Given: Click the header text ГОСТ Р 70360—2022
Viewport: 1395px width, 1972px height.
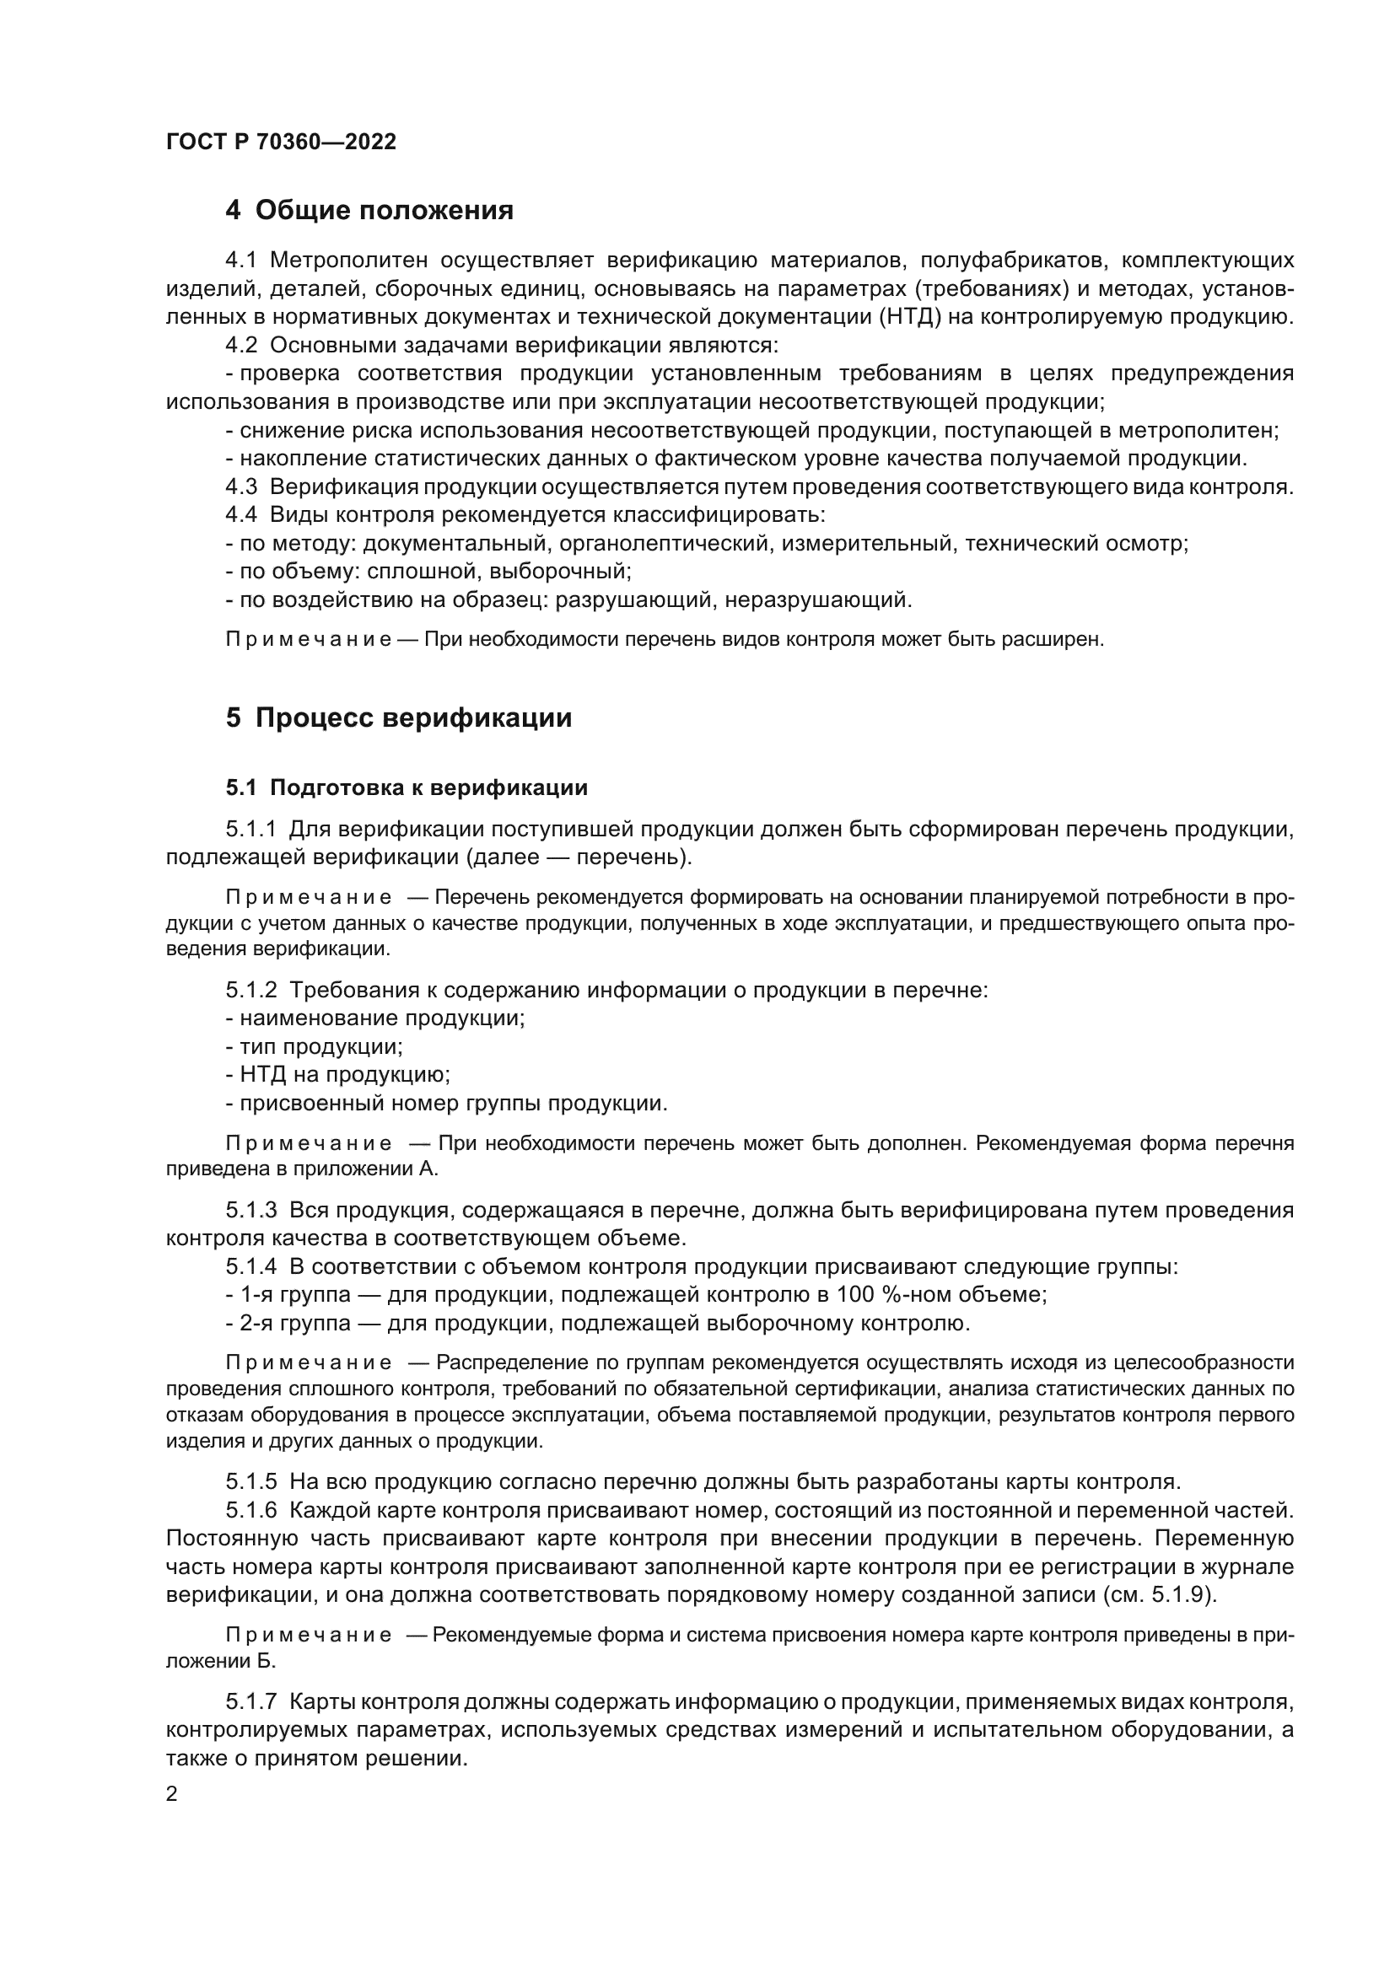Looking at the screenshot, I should (281, 142).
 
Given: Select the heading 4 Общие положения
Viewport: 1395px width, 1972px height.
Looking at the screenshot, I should (369, 211).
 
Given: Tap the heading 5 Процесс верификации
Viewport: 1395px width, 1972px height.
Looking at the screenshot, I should (399, 717).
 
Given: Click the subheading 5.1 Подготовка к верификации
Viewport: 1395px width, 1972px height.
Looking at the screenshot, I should (407, 787).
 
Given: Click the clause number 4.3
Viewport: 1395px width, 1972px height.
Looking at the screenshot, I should (241, 487).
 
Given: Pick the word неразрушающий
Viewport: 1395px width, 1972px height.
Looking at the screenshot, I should (818, 600).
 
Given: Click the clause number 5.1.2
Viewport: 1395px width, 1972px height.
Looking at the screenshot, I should (250, 991).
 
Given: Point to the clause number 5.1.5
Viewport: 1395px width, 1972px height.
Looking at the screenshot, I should (250, 1481).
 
